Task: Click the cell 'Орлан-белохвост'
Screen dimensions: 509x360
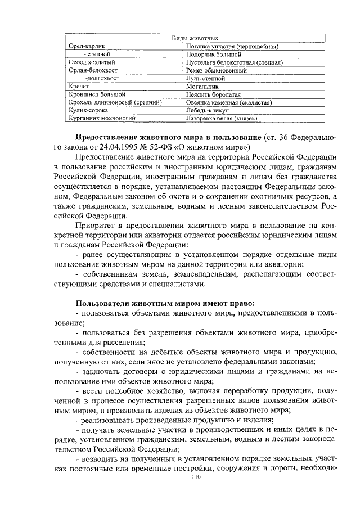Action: click(93, 71)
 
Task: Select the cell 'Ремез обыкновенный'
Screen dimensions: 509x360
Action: click(216, 71)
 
